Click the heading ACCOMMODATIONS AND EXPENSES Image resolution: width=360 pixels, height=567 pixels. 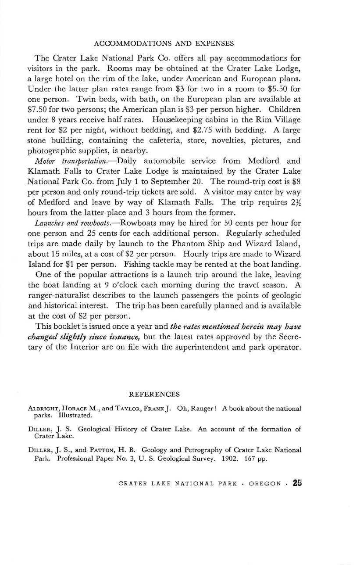coord(164,43)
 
